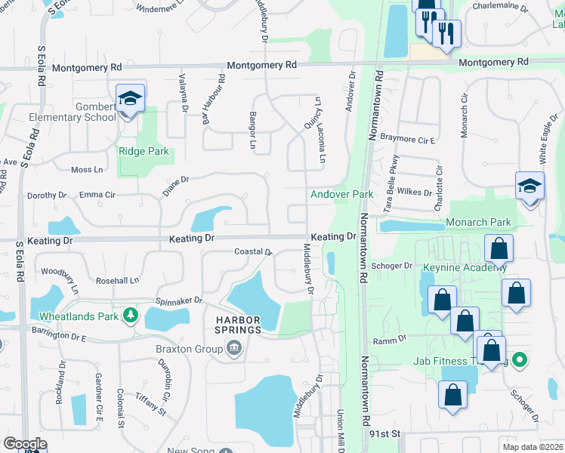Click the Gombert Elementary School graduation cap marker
coord(130,99)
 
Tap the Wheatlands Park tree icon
coord(131,314)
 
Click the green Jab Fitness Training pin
coord(519,361)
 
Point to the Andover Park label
coord(341,194)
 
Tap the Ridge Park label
coord(144,152)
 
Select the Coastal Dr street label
coord(252,252)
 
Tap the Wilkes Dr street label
coord(417,193)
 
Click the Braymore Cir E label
coord(418,140)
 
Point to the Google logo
coord(24,444)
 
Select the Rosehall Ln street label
coord(118,281)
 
